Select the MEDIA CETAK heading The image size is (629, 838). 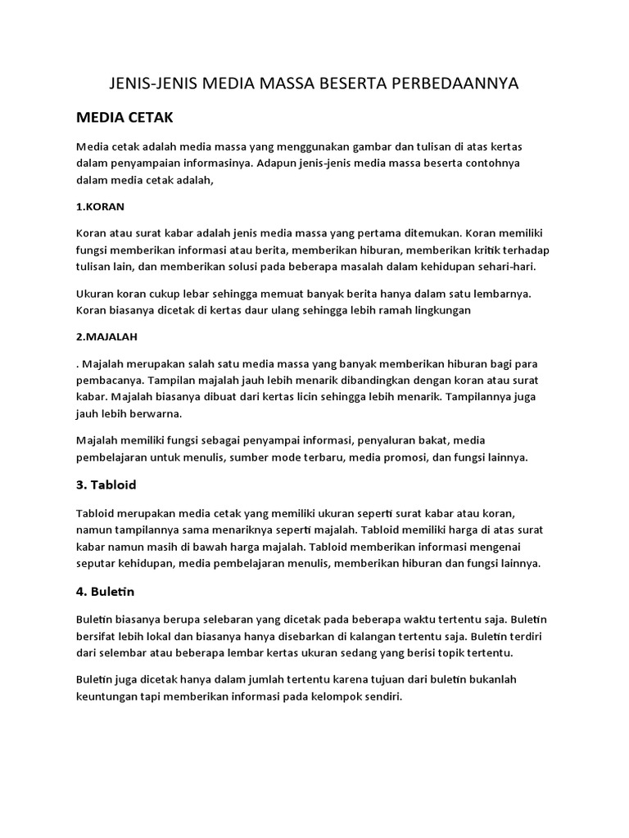click(124, 118)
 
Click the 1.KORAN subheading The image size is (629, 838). click(100, 206)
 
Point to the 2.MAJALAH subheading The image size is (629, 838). click(106, 336)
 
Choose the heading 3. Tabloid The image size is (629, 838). click(106, 485)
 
